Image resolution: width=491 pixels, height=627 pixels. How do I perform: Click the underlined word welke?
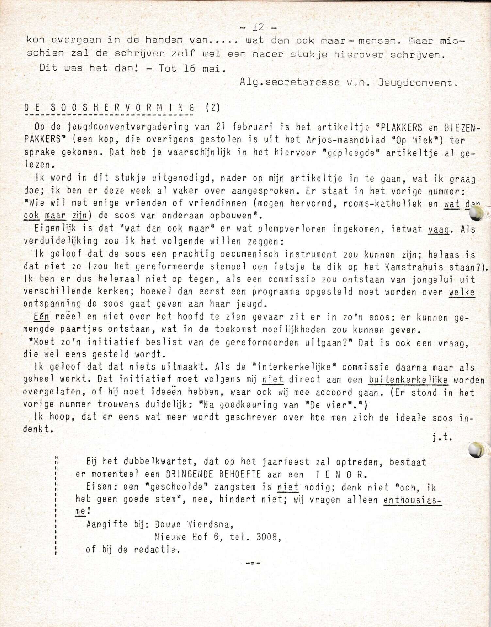pyautogui.click(x=461, y=292)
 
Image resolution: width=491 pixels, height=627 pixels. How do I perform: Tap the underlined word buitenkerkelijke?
pyautogui.click(x=408, y=380)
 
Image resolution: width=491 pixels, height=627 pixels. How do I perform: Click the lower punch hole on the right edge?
pyautogui.click(x=476, y=450)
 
